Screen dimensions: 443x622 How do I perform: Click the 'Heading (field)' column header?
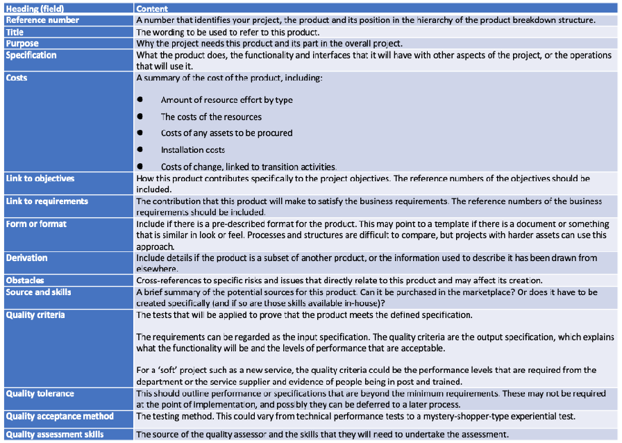32,9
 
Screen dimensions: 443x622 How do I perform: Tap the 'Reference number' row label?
42,20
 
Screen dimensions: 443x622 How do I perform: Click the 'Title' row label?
15,32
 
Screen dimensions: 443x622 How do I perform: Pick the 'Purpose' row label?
22,43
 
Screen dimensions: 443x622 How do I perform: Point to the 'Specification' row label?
31,55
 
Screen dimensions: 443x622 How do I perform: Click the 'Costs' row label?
17,78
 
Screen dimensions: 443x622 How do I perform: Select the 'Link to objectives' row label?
40,178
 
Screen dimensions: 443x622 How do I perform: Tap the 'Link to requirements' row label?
47,201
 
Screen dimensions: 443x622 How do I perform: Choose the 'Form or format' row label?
36,224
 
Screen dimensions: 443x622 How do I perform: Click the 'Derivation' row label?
27,258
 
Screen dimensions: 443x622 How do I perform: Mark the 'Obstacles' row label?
25,281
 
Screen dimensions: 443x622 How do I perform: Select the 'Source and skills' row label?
38,292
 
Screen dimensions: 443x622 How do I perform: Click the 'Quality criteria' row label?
35,315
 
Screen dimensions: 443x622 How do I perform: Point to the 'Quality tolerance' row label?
40,394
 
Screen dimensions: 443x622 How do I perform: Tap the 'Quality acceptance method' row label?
60,417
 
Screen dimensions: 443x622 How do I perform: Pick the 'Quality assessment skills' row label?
55,434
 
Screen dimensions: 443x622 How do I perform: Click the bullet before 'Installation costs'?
140,149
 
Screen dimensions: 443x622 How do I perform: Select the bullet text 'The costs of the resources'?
211,117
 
